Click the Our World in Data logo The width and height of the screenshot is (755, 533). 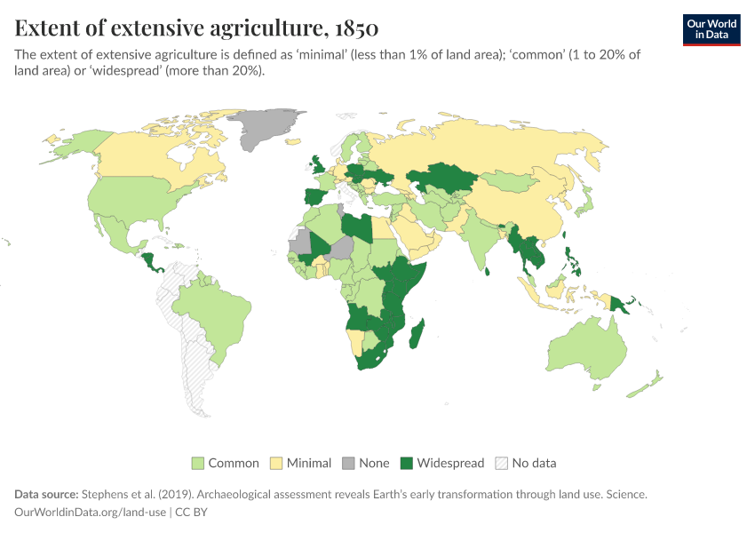(711, 29)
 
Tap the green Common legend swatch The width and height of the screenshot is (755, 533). (198, 463)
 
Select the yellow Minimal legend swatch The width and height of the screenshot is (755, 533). (276, 463)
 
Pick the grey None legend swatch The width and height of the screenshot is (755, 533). (348, 463)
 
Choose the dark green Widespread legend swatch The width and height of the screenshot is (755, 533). (407, 463)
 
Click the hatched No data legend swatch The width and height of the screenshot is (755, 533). (502, 463)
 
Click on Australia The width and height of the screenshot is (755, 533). (585, 346)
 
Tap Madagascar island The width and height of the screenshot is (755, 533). (417, 337)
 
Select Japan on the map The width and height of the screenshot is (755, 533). (584, 205)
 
